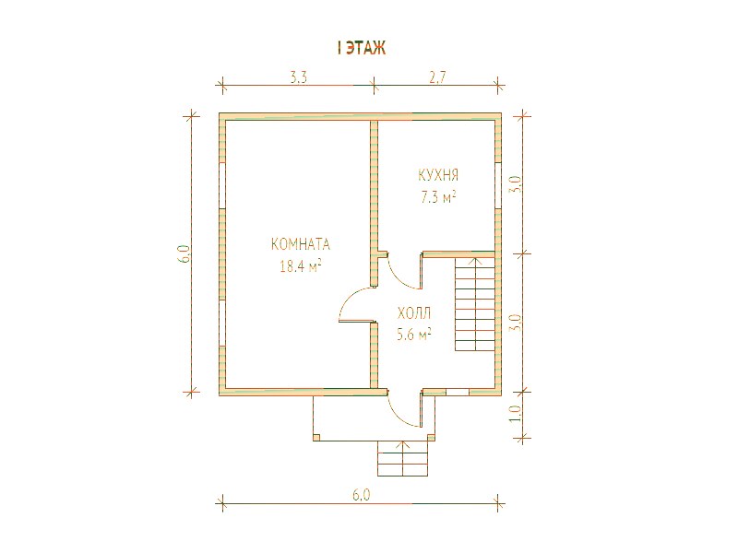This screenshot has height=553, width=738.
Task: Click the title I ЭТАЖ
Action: click(362, 48)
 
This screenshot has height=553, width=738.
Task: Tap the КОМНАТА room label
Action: click(301, 244)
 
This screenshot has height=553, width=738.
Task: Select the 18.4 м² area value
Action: click(301, 266)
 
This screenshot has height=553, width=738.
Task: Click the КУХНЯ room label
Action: click(438, 175)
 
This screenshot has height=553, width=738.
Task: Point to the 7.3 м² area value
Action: click(438, 196)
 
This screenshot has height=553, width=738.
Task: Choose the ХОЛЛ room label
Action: click(414, 313)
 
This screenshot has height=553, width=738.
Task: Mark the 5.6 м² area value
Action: click(414, 335)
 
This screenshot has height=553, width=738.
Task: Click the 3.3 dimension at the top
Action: click(298, 77)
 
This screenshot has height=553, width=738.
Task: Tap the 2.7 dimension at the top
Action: click(436, 77)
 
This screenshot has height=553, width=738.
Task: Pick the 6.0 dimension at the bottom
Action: click(361, 495)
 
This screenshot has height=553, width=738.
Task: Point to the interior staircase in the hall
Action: click(475, 304)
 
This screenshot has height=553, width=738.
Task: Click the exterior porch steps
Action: click(402, 458)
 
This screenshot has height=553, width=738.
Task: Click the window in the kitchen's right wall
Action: click(497, 185)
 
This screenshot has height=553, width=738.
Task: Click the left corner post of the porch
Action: click(316, 437)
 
